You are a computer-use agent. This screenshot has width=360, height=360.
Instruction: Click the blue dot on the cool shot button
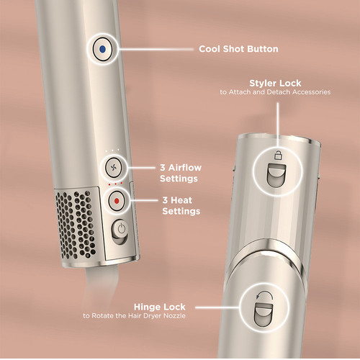(102, 49)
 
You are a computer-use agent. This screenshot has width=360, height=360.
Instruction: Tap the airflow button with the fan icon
(114, 167)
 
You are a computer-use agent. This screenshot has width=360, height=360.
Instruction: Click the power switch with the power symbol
(120, 232)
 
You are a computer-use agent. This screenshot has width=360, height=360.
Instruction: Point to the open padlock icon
(278, 156)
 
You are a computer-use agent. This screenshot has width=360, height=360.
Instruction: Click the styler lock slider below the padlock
(276, 176)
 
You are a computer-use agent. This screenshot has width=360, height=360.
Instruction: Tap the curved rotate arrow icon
(264, 295)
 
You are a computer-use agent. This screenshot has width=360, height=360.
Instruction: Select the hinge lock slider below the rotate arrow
(264, 315)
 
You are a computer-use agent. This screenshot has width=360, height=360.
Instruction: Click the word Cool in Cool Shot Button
(210, 49)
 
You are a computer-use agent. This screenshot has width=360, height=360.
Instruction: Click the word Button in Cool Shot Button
(263, 49)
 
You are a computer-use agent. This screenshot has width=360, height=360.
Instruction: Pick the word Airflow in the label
(185, 168)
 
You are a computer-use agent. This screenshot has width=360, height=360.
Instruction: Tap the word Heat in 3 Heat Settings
(181, 200)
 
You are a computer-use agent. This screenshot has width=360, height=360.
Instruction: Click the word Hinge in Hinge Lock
(147, 307)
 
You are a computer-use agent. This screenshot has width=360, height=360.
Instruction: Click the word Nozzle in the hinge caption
(174, 315)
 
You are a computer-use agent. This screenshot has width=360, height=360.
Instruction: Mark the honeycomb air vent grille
(76, 225)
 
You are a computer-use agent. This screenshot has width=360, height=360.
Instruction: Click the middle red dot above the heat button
(115, 184)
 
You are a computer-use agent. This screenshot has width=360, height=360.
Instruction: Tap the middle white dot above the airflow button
(112, 150)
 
